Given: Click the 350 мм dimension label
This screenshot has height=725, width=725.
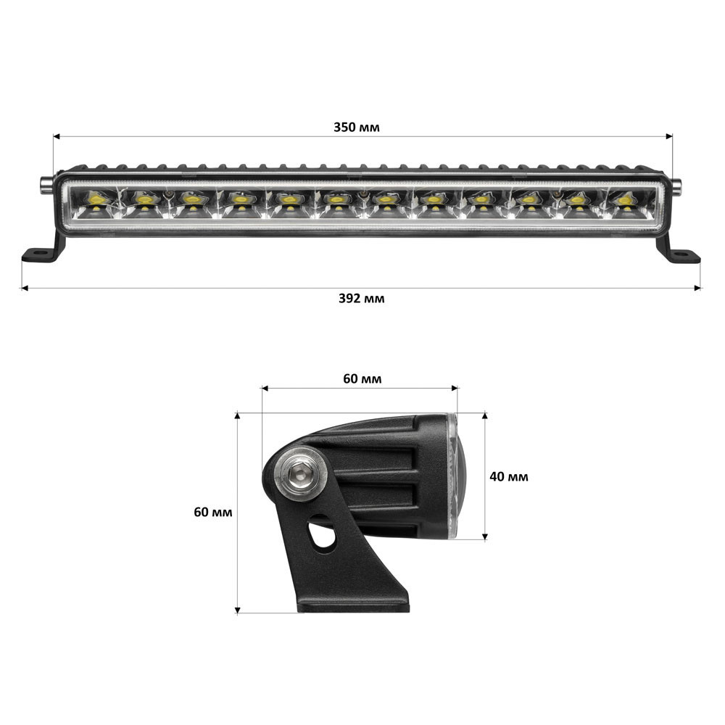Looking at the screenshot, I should pos(356,128).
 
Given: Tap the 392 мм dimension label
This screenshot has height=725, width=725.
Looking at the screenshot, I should pos(361,299).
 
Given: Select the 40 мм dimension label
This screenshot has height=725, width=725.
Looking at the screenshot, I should pos(509,476).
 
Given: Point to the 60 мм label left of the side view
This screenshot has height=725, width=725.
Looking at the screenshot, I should pos(213,512).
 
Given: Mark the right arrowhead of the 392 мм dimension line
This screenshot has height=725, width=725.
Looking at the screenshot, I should pos(698,288).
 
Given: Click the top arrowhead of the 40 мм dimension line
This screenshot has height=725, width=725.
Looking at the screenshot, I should pos(484,416).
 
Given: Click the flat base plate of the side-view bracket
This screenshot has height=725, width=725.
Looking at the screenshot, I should pos(354,606).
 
